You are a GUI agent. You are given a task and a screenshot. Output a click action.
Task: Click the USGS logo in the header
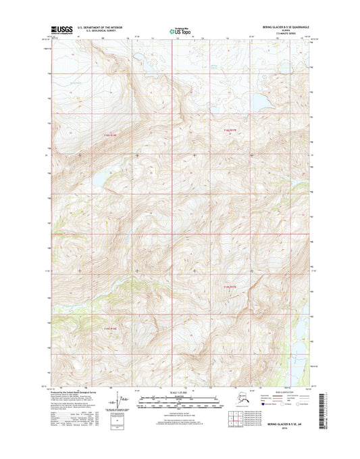[x=59, y=29]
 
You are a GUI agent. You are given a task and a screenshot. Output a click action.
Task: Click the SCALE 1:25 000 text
[x=180, y=392]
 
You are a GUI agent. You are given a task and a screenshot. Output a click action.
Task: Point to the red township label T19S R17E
[x=230, y=288]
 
